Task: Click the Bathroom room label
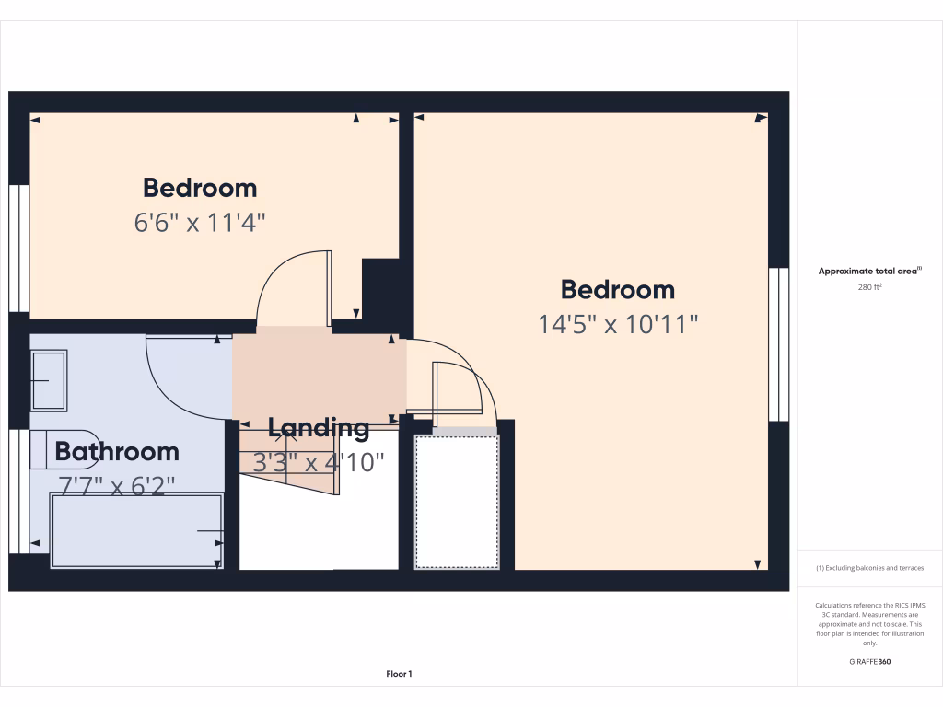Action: pos(117,452)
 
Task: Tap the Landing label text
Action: pos(319,428)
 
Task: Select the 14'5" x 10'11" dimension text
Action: pos(618,324)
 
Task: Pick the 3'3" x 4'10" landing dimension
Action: pos(319,462)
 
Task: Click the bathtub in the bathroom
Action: pos(137,531)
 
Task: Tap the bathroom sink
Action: pos(49,379)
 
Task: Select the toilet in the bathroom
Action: pos(64,449)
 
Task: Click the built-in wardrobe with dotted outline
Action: pos(456,502)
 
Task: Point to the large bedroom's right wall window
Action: pos(779,344)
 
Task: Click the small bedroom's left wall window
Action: pos(18,249)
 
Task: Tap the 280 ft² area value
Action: pos(870,287)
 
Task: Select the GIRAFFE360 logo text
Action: pos(870,661)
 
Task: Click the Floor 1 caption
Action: pos(399,674)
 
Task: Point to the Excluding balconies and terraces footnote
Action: pos(870,568)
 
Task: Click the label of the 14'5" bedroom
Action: pos(618,290)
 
